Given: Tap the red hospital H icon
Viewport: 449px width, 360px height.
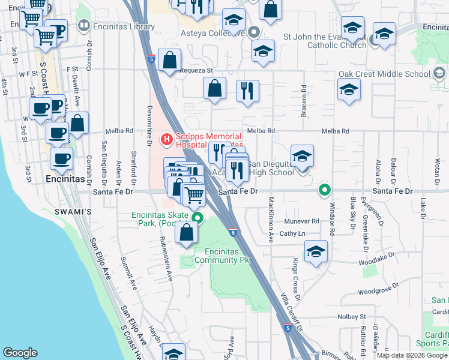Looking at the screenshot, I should click(166, 140).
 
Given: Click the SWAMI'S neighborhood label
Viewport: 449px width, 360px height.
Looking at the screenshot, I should click(78, 212).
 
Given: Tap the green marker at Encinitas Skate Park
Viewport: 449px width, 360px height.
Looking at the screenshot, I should click(197, 218).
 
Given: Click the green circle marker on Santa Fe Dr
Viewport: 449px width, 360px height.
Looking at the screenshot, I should click(325, 191).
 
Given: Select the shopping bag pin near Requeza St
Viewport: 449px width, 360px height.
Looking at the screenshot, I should click(170, 60).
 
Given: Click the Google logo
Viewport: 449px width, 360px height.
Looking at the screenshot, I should click(20, 353).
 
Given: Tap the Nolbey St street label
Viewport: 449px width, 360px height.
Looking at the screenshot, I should click(352, 316).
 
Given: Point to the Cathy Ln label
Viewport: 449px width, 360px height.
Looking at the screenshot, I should click(293, 233).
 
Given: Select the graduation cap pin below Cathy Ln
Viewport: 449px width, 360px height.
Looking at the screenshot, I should click(316, 251).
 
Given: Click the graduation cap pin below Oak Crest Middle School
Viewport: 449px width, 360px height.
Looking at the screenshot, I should click(349, 90).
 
